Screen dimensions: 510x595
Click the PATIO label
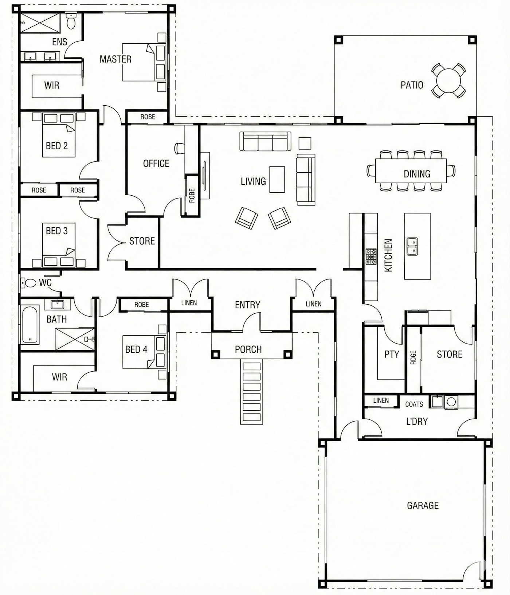[412, 85]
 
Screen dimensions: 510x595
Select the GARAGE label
[423, 505]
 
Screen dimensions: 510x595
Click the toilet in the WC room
[28, 282]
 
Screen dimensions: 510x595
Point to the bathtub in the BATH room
[30, 324]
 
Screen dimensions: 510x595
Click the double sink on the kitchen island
[412, 246]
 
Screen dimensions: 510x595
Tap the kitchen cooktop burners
[371, 257]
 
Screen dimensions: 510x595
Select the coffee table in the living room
[277, 179]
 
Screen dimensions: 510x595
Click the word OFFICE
[156, 164]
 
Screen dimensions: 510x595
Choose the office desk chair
[180, 148]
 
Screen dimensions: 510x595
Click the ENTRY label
[247, 305]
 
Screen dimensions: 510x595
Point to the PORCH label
[248, 349]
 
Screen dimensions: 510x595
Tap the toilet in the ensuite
[71, 21]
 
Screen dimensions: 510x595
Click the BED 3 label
[56, 231]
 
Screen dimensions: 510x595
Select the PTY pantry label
[392, 354]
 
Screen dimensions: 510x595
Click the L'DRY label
[417, 421]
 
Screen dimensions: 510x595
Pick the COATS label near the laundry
[414, 404]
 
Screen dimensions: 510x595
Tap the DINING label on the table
[417, 174]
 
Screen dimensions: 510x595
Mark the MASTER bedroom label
[115, 59]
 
